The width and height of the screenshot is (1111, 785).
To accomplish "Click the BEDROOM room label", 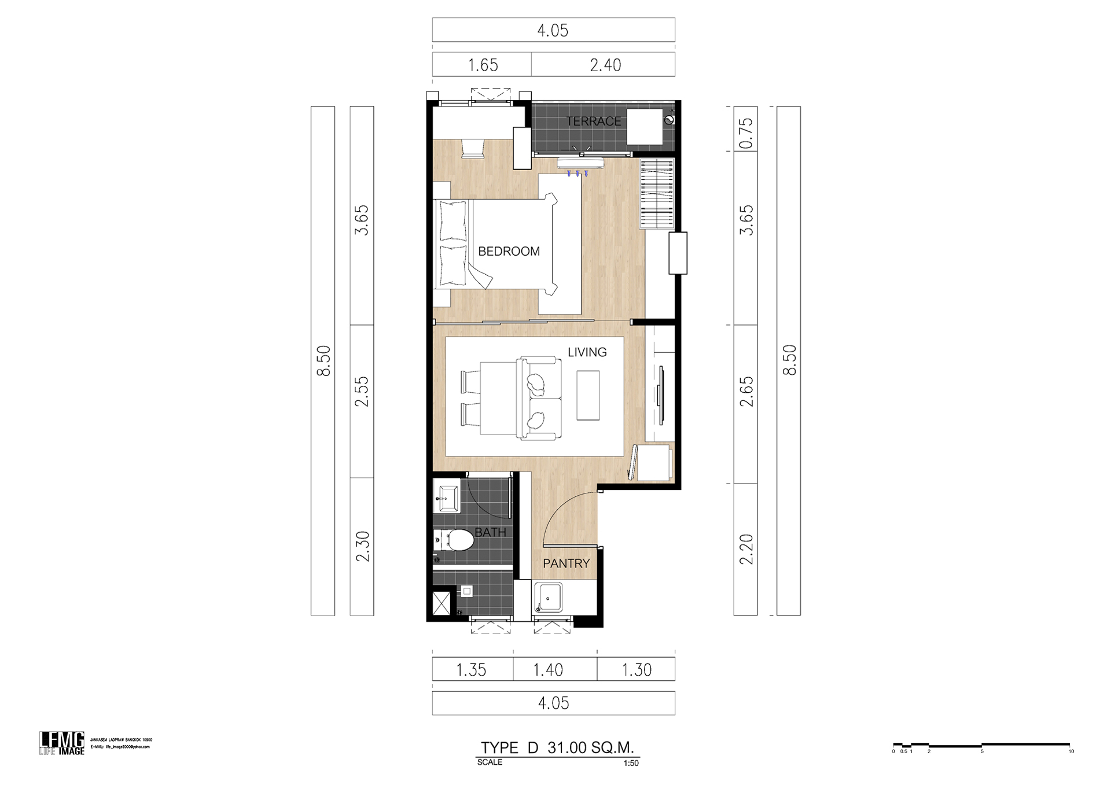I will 509,252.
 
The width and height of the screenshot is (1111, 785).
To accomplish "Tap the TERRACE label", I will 593,121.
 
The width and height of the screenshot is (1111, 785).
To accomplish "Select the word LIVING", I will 587,352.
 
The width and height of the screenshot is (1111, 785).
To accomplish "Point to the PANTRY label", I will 566,563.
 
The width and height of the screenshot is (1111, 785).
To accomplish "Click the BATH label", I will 490,532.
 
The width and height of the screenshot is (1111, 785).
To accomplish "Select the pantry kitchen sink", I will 548,597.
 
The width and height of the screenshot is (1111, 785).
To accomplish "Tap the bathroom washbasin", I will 447,496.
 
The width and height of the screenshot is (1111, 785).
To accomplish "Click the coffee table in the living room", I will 588,396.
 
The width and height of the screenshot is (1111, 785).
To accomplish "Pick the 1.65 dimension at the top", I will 483,65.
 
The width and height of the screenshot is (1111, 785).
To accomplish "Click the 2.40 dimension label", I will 605,65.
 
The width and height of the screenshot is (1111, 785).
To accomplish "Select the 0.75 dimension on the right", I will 746,133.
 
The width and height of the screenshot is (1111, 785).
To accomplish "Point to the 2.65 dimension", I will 746,392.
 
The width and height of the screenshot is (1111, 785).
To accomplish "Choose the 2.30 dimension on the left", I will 362,547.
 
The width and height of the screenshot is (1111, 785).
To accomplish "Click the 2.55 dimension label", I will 362,392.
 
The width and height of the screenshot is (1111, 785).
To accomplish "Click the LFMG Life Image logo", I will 62,743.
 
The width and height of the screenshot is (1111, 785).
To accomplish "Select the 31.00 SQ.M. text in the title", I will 590,747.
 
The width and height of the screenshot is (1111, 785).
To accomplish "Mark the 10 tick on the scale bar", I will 1070,751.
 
